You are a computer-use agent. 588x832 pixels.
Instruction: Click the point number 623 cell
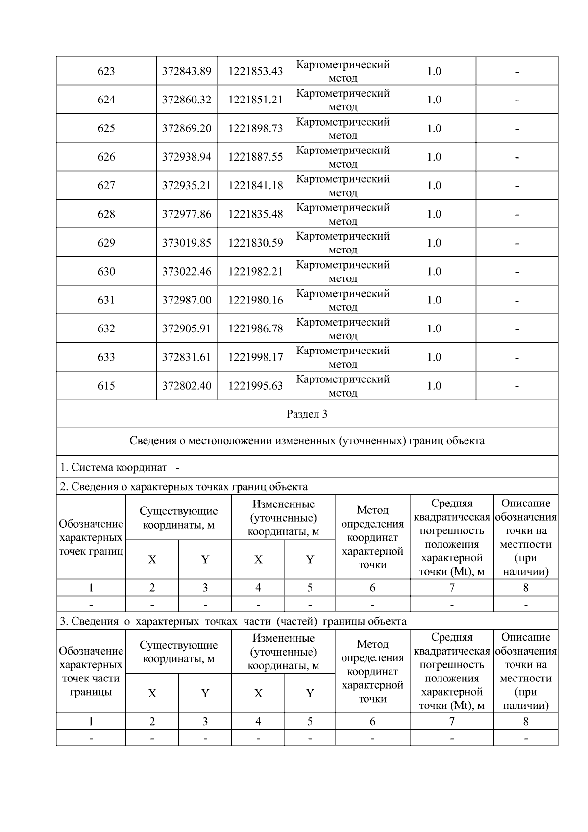point(106,71)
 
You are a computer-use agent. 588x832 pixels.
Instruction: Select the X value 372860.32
point(187,100)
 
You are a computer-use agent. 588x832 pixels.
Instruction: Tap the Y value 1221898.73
point(255,128)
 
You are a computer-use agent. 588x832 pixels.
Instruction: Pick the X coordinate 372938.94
point(187,157)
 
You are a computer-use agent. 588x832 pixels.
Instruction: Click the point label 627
point(106,185)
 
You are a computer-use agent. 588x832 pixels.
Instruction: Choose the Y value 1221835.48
point(255,214)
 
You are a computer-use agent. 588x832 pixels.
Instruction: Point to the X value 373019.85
point(187,243)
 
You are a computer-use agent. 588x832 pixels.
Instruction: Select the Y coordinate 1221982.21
point(255,271)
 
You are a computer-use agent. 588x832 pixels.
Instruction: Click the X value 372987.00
point(187,300)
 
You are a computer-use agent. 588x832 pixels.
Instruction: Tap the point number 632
point(106,328)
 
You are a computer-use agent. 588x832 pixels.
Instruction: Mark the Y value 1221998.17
point(255,357)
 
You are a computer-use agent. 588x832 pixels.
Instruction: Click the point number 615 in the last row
point(106,386)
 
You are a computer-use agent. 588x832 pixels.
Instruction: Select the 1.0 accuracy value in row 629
point(434,243)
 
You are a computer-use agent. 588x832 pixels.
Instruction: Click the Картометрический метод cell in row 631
point(343,300)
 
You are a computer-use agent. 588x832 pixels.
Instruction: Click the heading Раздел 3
point(307,414)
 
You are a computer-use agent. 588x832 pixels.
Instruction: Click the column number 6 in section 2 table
point(372,587)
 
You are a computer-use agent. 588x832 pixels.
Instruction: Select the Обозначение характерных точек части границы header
point(91,671)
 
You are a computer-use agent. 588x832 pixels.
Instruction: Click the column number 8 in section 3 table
point(526,721)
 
